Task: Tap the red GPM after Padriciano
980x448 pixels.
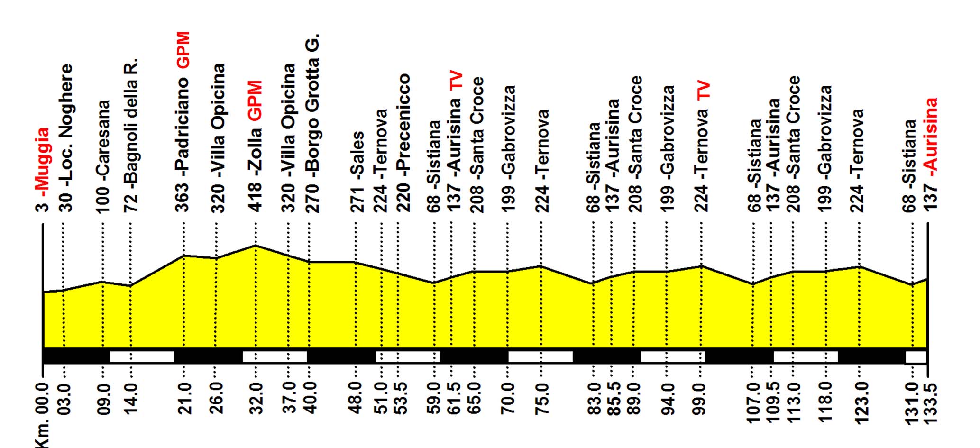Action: [183, 50]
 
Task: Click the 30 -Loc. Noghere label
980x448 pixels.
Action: [66, 137]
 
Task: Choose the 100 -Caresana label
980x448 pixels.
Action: [103, 156]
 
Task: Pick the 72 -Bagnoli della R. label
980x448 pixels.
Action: [131, 135]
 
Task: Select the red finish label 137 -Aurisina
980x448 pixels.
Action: [931, 155]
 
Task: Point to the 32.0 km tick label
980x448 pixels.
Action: [256, 398]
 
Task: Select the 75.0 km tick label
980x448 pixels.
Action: [542, 398]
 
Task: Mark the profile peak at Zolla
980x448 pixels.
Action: [256, 246]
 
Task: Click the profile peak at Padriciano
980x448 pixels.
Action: [183, 256]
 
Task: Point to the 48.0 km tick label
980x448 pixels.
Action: [356, 398]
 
